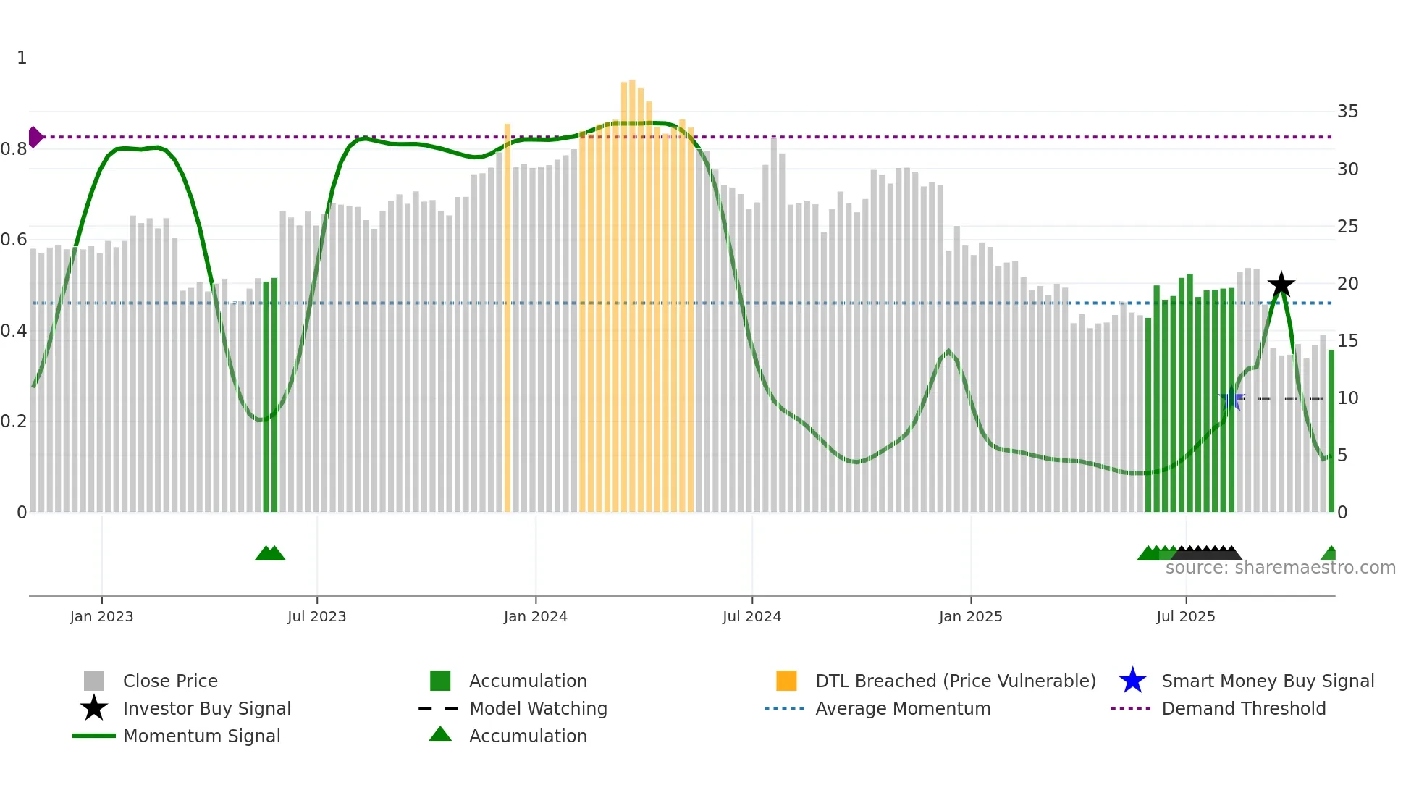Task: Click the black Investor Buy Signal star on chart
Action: [x=1281, y=285]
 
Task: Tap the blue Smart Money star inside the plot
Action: [x=1231, y=399]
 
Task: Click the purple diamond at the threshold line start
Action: [x=35, y=137]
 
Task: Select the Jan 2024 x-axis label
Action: [x=535, y=616]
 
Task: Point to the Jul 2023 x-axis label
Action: [x=316, y=616]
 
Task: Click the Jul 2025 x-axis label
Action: [x=1185, y=616]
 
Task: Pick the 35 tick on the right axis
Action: [x=1347, y=112]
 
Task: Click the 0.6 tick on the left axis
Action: [x=14, y=240]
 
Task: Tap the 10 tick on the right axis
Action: [x=1347, y=398]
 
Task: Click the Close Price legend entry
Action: [x=170, y=681]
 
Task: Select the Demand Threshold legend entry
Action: [x=1243, y=708]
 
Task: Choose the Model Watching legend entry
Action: [x=537, y=708]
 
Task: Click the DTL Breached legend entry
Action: [x=955, y=681]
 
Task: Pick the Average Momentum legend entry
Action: [x=902, y=708]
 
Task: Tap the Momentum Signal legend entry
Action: [x=201, y=736]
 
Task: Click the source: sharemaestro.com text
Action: [x=1280, y=568]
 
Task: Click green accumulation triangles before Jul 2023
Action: [x=270, y=553]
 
